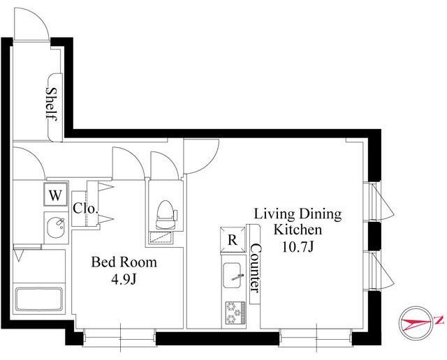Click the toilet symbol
click(166, 214)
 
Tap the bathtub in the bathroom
click(39, 299)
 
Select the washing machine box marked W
click(56, 195)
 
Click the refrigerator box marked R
click(233, 240)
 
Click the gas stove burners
click(235, 313)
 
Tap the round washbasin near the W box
click(57, 227)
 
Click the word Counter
click(255, 268)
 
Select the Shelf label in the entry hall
click(52, 104)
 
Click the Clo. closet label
click(85, 209)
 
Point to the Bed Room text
click(124, 262)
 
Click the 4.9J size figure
click(124, 280)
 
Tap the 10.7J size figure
click(298, 247)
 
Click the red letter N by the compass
click(439, 320)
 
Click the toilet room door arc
click(170, 160)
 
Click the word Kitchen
click(298, 230)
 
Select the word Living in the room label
click(274, 214)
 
